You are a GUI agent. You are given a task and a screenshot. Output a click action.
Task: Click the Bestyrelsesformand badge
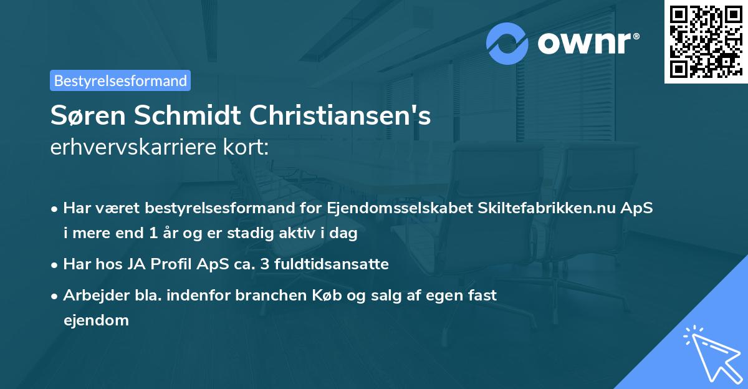[120, 80]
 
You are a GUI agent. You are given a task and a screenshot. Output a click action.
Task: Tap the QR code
[706, 42]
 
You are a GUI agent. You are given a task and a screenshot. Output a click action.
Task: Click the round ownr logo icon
[508, 44]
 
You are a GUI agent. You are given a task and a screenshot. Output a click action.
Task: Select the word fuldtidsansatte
[335, 264]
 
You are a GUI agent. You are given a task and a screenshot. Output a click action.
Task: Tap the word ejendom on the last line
[96, 320]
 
